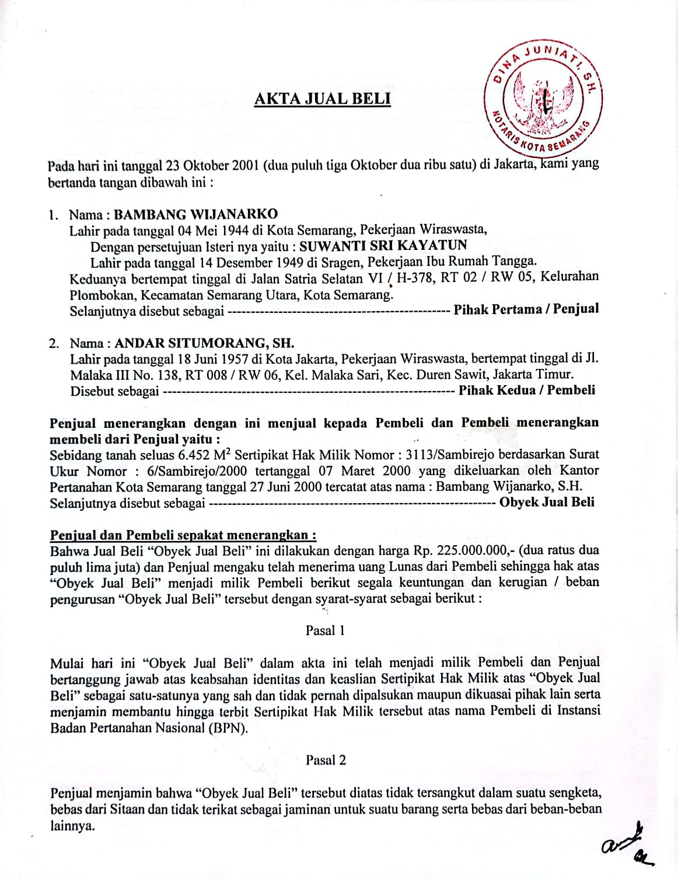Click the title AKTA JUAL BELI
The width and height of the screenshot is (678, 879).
(x=322, y=99)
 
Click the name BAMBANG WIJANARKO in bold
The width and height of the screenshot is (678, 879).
(x=196, y=214)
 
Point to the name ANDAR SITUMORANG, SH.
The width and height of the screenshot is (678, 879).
(x=205, y=343)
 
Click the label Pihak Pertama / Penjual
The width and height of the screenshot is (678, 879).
(x=526, y=309)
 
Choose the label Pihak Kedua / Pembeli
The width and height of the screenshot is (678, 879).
(x=527, y=390)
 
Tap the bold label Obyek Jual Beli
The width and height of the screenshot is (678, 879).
(x=547, y=502)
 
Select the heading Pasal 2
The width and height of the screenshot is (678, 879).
(x=326, y=760)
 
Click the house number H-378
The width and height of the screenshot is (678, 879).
(x=416, y=278)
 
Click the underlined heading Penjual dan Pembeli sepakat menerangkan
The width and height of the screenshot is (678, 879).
(x=183, y=535)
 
